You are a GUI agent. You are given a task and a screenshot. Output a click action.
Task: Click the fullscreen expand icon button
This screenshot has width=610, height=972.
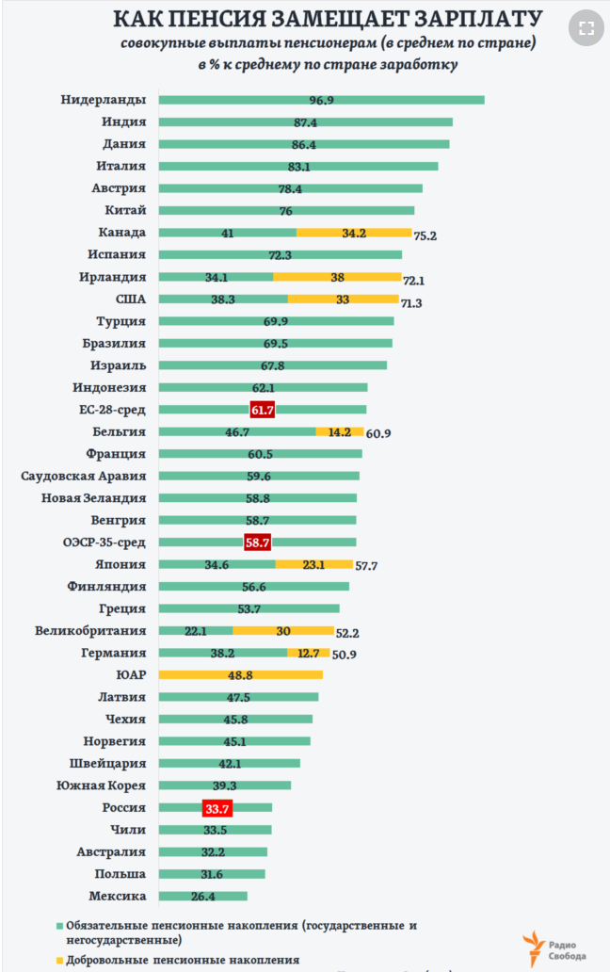tap(586, 28)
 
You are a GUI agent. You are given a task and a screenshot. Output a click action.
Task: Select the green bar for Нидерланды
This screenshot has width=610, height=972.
tap(321, 100)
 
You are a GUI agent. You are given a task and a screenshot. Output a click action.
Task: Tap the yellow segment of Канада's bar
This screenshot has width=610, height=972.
tap(354, 233)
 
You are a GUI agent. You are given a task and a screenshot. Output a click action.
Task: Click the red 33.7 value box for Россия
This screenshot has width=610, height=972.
tap(217, 808)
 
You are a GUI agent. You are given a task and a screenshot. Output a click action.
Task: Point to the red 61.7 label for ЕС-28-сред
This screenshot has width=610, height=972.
tap(263, 410)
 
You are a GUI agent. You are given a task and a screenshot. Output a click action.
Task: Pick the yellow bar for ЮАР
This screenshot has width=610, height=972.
tap(240, 674)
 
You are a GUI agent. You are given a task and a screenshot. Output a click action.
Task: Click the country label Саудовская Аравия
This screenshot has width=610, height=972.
tap(84, 476)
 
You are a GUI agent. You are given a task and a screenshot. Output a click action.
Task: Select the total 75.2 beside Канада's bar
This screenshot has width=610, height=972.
tap(425, 235)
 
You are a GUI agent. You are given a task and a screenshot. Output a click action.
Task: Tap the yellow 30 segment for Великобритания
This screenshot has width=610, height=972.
tap(283, 630)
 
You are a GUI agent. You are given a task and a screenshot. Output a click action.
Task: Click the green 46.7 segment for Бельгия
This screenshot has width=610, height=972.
tap(237, 431)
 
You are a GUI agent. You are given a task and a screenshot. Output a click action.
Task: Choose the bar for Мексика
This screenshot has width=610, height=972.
tap(203, 896)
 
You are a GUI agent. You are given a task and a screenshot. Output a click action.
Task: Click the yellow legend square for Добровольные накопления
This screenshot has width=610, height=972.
tap(59, 960)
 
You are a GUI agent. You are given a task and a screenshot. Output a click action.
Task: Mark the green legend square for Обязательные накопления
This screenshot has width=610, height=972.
tap(59, 926)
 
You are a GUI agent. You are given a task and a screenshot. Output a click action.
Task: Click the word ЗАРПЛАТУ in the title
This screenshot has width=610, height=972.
tap(478, 19)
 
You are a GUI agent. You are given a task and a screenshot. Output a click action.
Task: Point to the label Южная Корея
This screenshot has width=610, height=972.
tap(101, 786)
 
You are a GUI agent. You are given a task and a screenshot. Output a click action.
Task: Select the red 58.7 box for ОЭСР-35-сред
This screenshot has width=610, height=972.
tap(258, 543)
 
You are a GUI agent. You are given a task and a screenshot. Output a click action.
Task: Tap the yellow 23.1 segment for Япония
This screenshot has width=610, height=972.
tap(314, 564)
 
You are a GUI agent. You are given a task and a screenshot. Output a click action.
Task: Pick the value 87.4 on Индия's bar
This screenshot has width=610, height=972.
tap(305, 122)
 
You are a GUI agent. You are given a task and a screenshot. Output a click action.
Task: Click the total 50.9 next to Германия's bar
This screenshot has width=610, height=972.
tap(345, 655)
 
